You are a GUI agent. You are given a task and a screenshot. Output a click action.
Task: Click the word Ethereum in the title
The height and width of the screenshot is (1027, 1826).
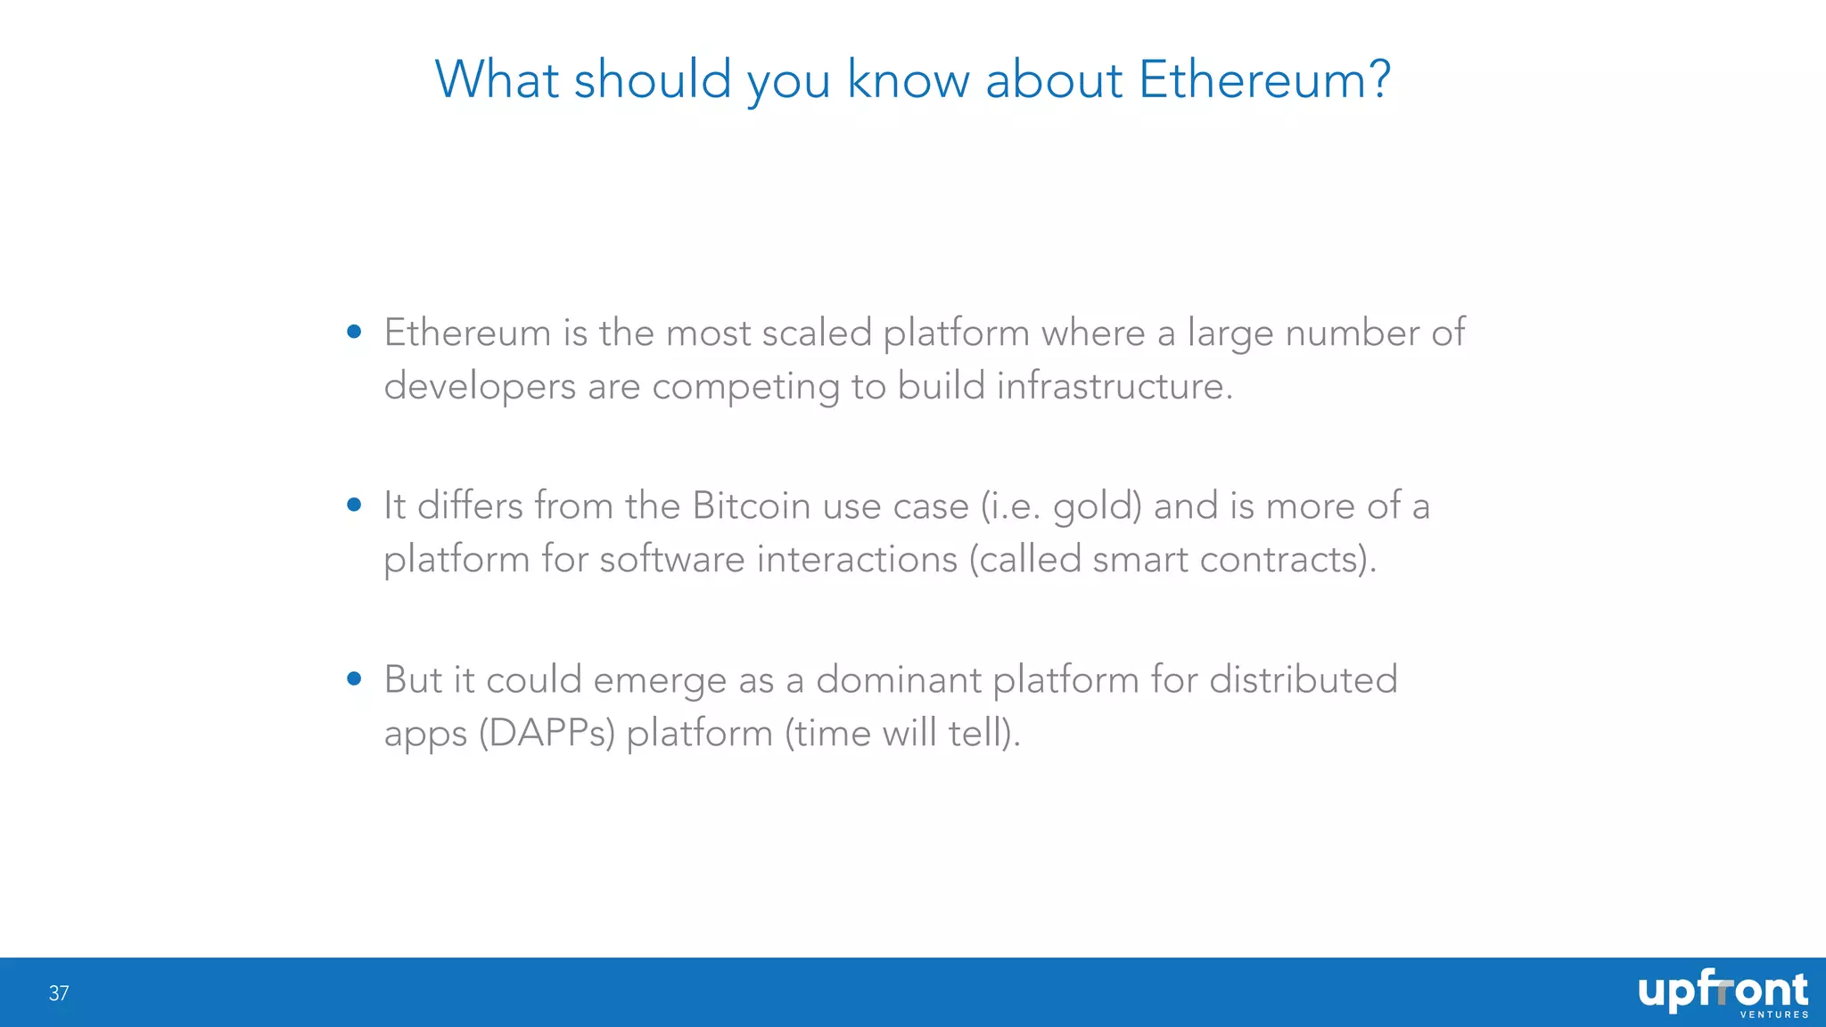(1252, 79)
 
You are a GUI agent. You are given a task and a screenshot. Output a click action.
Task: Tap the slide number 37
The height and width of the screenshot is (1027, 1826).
(59, 993)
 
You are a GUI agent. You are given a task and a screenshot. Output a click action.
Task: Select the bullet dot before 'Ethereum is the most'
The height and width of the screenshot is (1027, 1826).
(354, 332)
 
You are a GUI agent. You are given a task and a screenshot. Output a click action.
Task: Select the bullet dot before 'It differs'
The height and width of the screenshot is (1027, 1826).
(354, 505)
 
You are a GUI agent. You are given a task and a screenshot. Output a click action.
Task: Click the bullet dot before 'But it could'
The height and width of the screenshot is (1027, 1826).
(354, 678)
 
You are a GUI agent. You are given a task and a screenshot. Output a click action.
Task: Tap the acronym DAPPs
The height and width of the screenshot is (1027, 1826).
(547, 733)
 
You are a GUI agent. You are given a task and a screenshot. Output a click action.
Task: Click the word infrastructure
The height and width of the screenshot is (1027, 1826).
(1114, 386)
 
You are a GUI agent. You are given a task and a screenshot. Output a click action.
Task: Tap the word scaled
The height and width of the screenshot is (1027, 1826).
(816, 333)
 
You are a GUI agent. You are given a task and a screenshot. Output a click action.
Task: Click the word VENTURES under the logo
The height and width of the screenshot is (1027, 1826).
(1774, 1015)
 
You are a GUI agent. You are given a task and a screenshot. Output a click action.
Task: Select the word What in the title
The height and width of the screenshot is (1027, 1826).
(496, 79)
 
